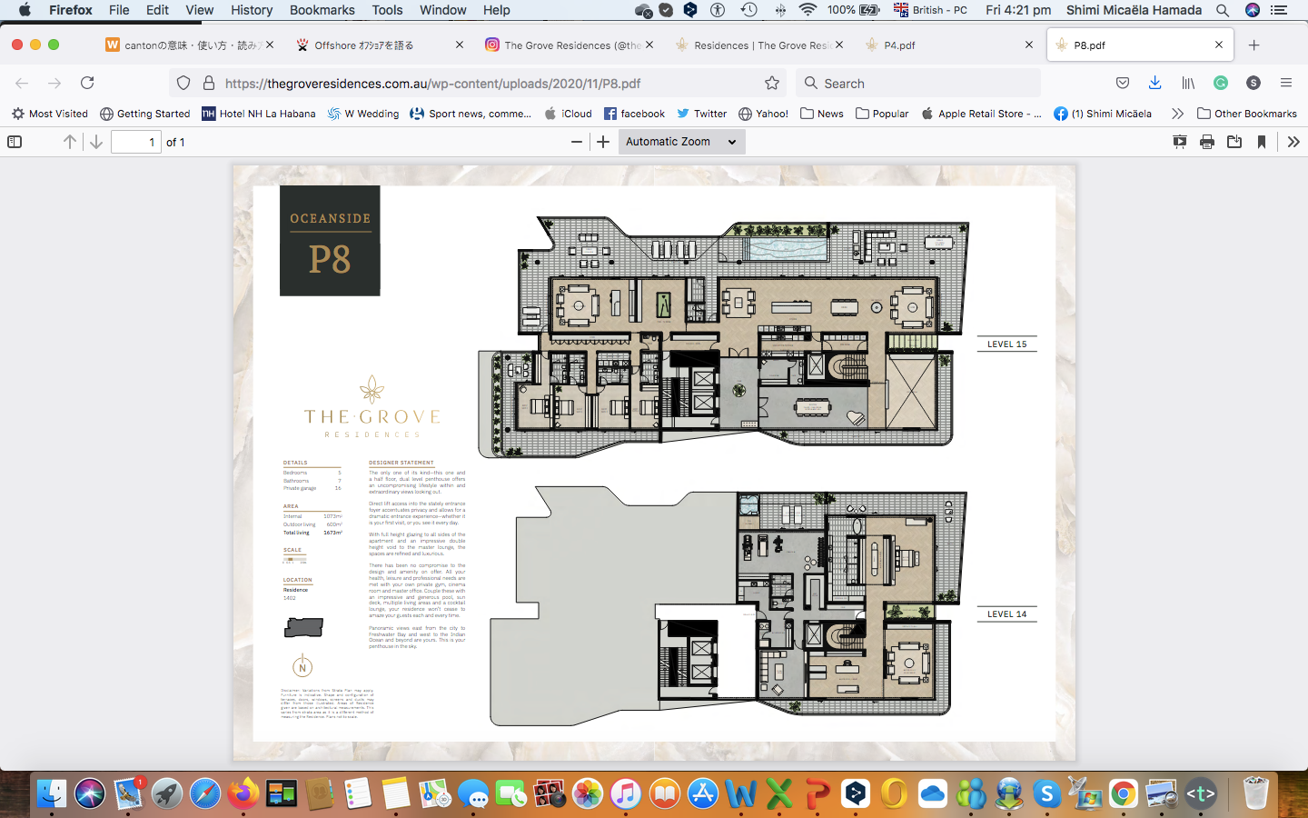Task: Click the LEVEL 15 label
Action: click(1006, 344)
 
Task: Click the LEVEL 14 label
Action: click(1006, 614)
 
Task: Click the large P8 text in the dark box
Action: click(330, 260)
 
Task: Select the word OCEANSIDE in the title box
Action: click(330, 219)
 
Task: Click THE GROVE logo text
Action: click(372, 417)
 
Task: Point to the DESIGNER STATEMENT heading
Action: click(401, 463)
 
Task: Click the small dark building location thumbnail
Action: click(303, 627)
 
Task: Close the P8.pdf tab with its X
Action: click(1219, 45)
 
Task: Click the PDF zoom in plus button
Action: click(603, 142)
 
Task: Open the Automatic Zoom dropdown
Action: click(681, 142)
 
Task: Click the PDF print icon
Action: click(1207, 142)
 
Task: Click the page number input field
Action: click(135, 142)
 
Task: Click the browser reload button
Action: click(87, 83)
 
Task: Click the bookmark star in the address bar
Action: click(772, 83)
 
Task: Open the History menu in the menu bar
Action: click(251, 10)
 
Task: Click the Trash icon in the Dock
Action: click(1255, 793)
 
